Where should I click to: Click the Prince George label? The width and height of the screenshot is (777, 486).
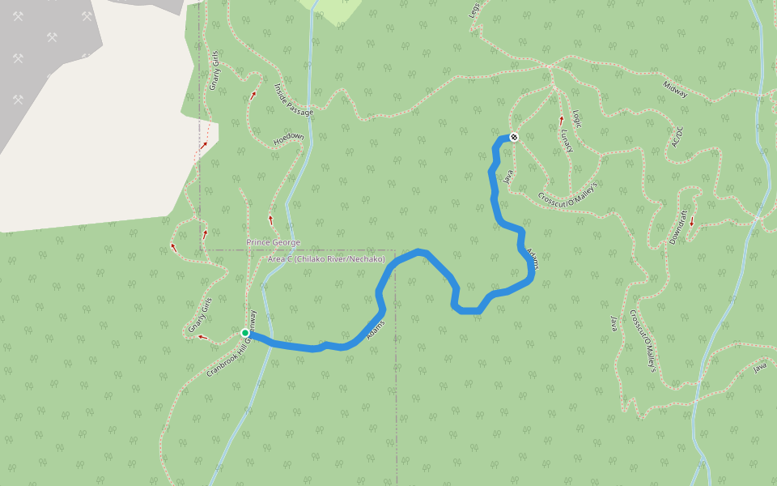pos(273,243)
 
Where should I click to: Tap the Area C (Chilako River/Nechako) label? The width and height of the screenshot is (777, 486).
pos(326,259)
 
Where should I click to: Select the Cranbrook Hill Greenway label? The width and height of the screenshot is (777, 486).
pos(231,344)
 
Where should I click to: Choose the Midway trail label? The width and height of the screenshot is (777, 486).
pos(675,89)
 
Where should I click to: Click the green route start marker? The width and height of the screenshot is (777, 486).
pos(245,333)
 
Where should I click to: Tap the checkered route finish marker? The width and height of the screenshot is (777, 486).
pos(513,137)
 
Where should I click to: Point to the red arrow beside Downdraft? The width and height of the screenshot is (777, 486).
pos(692,220)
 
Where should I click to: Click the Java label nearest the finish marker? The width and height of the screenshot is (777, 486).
pos(509,176)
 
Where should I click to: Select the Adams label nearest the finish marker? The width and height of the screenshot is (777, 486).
pos(532,258)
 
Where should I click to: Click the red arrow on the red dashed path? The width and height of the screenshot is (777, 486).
pos(204,145)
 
